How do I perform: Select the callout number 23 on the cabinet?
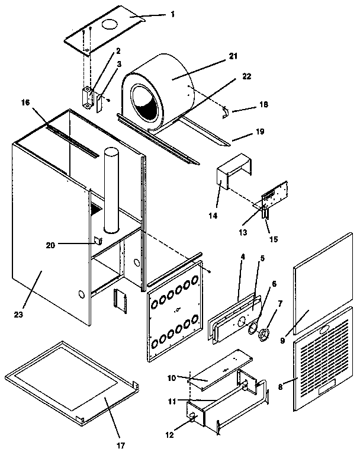point(18,315)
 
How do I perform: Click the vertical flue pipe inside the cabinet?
point(111,190)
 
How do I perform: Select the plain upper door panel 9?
point(323,273)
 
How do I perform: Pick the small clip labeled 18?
point(226,111)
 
